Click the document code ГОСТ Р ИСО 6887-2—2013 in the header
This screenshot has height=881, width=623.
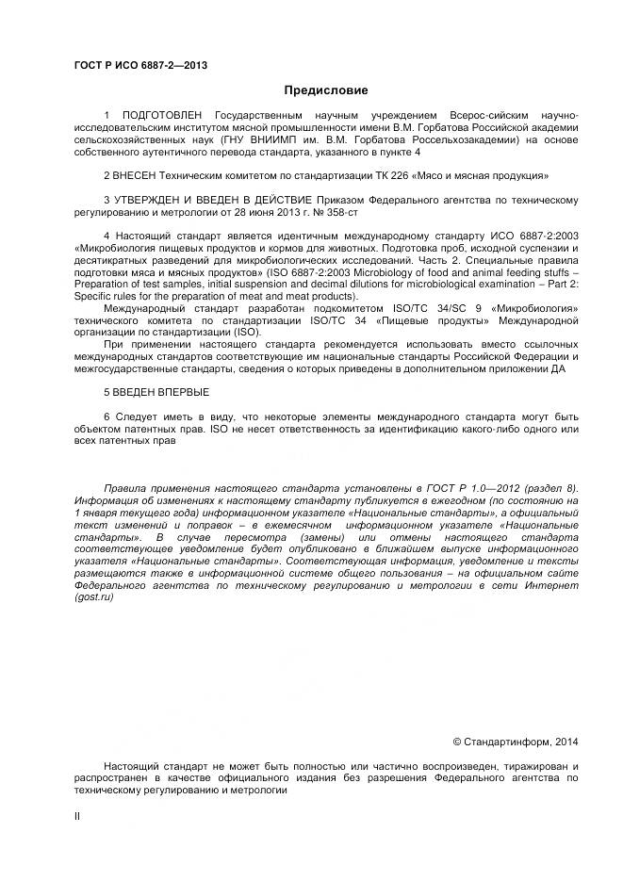click(x=140, y=65)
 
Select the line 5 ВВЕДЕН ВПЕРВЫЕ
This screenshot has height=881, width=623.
click(x=156, y=392)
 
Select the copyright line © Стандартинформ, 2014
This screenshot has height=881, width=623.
click(x=516, y=742)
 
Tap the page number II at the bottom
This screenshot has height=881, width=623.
click(x=77, y=816)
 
